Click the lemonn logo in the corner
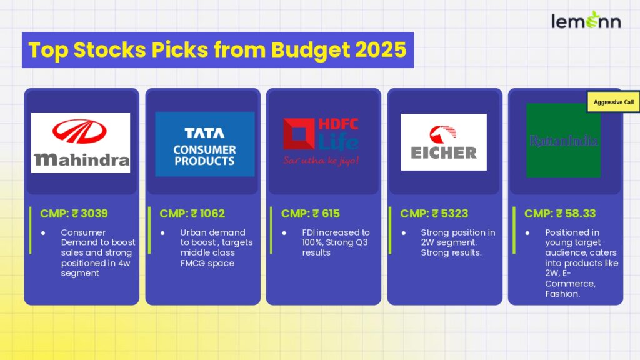coord(586,21)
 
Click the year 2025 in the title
coord(381,50)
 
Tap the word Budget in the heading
coord(310,51)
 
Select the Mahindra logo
coord(81,142)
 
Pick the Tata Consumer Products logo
coord(205,144)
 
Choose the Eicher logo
coord(444,142)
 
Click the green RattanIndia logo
coord(563,141)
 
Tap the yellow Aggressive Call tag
coord(614,102)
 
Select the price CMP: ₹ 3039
coord(74,214)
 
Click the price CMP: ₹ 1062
coord(192,214)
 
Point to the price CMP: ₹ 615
coord(310,214)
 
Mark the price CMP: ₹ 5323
coord(434,214)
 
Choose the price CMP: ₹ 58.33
coord(560,214)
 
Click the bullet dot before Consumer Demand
coord(43,233)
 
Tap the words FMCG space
coord(207,263)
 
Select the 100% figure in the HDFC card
coord(311,242)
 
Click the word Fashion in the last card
coord(562,294)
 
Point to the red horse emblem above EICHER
coord(443,134)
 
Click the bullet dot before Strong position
coord(403,233)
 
